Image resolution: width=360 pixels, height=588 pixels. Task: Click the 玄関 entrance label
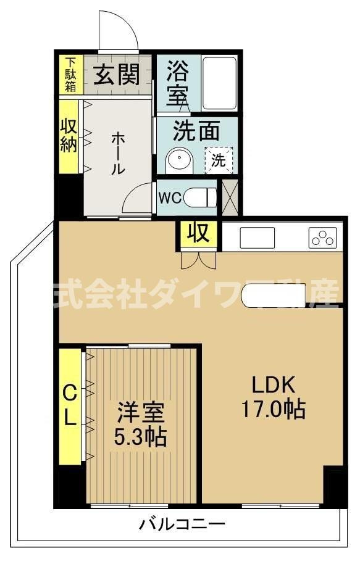click(x=115, y=75)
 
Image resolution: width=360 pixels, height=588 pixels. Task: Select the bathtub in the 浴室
click(x=219, y=83)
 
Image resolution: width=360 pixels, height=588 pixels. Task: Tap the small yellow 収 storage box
click(x=198, y=234)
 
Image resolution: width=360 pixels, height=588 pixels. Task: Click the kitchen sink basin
click(x=257, y=238)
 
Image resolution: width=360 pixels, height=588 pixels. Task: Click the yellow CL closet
click(x=70, y=406)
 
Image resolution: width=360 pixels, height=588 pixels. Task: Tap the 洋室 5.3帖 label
click(x=140, y=424)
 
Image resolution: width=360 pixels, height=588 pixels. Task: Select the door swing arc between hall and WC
click(x=137, y=199)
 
